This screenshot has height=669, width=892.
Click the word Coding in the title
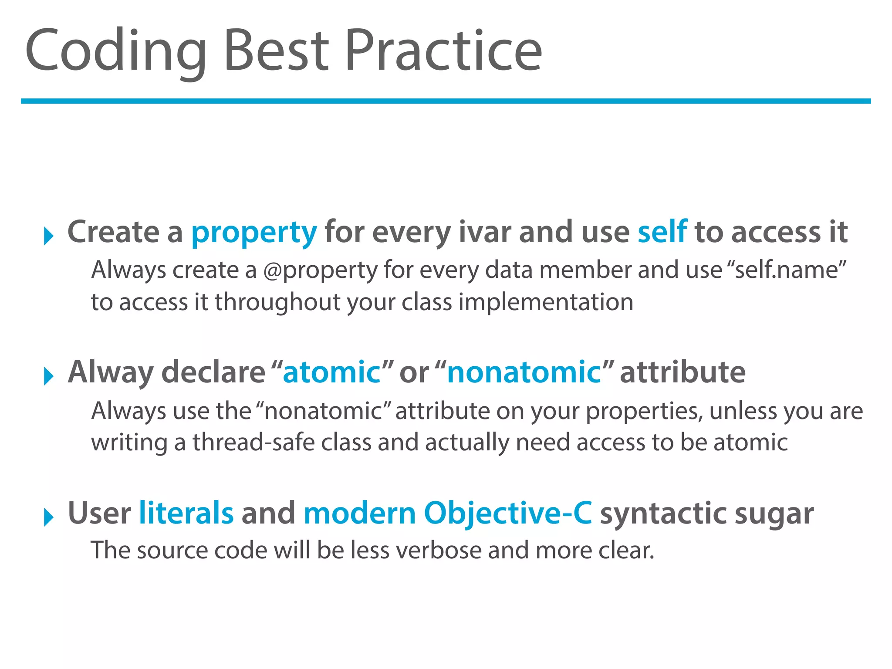115,51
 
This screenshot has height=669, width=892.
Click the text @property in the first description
320,270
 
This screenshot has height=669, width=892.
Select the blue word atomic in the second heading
332,372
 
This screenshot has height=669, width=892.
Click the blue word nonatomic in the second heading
524,372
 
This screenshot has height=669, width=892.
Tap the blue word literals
186,513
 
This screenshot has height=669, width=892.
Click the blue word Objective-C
508,513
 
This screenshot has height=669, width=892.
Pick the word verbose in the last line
439,551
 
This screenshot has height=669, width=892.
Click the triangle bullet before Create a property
49,236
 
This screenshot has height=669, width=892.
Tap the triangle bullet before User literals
49,517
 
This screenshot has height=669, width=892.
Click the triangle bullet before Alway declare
49,376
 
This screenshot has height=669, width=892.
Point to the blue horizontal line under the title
446,101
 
